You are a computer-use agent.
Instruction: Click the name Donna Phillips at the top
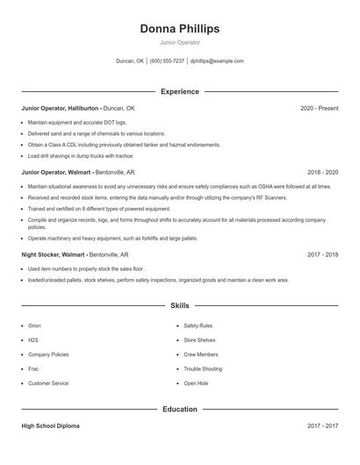179,29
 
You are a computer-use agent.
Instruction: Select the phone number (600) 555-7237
167,61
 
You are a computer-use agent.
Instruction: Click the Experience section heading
179,91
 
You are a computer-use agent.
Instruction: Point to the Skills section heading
179,306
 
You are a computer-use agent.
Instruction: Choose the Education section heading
179,409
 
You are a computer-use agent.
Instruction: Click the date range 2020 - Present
319,108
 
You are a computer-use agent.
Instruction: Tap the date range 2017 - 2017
322,426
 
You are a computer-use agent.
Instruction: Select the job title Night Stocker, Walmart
54,254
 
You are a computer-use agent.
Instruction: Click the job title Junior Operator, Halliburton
60,108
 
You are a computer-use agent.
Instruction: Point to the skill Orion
34,325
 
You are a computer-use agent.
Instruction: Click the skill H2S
33,340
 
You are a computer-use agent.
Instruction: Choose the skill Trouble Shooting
203,368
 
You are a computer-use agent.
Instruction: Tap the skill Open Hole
196,383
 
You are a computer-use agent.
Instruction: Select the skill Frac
33,368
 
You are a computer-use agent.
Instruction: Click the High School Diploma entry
50,426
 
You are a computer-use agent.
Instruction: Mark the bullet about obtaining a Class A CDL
124,145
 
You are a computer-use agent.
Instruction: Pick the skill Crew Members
201,354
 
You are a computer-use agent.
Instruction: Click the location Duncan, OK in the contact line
130,61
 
